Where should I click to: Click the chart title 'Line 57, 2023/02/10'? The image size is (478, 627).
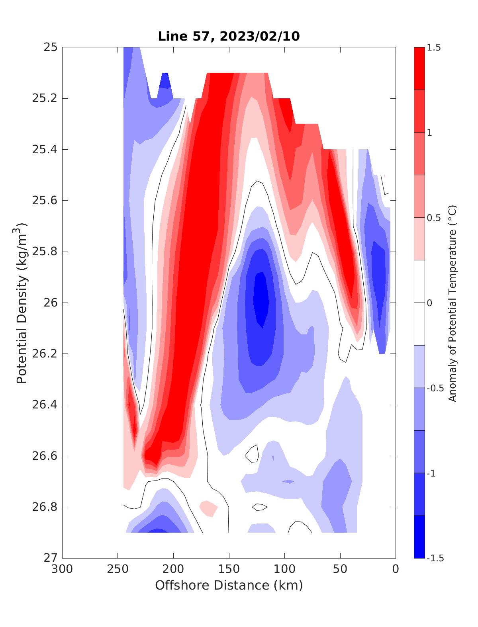click(229, 36)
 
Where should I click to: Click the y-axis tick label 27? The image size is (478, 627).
click(50, 558)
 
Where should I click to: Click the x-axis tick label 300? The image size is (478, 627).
click(62, 569)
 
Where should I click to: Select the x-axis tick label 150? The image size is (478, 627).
click(229, 569)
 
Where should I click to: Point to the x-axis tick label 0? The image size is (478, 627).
click(395, 569)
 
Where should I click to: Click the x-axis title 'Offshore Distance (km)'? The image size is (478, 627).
click(229, 585)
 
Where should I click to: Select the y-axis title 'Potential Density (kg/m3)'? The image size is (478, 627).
click(22, 303)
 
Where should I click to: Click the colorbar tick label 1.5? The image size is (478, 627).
click(435, 48)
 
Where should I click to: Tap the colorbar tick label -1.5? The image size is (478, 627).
click(436, 558)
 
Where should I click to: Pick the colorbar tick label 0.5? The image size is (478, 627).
click(435, 218)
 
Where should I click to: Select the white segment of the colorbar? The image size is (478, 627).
click(419, 303)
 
